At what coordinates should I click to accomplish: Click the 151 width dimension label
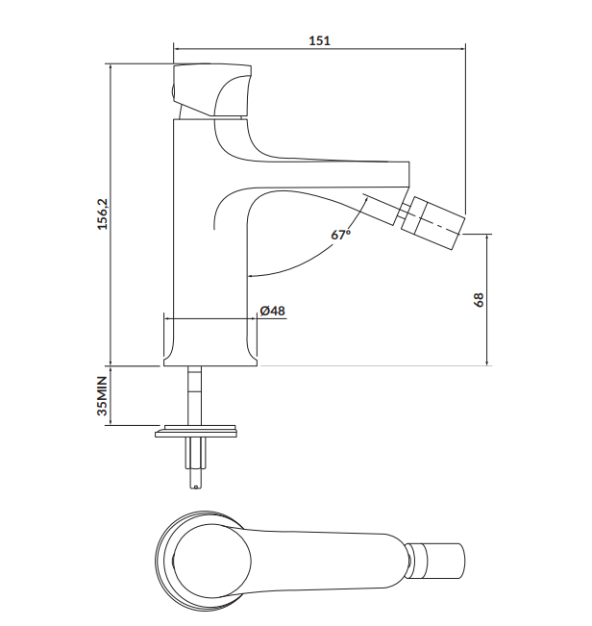319,40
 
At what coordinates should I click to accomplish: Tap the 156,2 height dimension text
103,214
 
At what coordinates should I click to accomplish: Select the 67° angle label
340,235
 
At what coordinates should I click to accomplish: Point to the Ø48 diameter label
273,311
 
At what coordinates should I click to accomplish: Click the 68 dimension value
479,299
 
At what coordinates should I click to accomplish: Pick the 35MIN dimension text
103,395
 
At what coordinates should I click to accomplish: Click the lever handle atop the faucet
212,90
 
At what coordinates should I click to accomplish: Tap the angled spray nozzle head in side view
432,223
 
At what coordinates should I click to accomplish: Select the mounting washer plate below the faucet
197,431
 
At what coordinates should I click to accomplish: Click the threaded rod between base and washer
195,395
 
